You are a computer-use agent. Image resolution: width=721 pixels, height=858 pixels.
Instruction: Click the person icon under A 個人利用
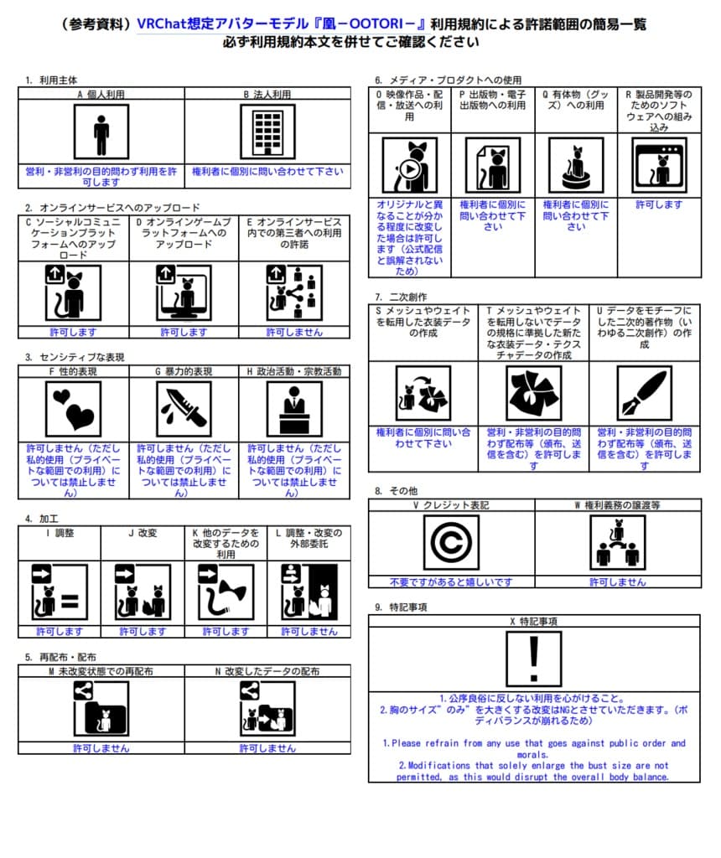[101, 132]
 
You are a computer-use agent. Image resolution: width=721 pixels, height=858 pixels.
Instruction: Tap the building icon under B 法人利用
[267, 132]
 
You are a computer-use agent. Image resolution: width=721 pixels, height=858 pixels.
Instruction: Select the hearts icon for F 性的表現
[73, 409]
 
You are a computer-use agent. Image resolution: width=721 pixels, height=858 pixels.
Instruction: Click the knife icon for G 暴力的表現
[184, 409]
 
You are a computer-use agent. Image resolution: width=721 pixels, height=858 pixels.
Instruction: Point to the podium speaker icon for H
[294, 409]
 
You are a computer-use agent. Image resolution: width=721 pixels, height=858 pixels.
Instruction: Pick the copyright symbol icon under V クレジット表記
[451, 543]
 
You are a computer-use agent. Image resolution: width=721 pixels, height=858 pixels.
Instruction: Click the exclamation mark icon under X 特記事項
[534, 659]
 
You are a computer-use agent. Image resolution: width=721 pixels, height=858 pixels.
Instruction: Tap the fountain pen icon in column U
[644, 392]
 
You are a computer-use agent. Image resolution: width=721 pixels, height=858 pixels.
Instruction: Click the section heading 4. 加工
[41, 519]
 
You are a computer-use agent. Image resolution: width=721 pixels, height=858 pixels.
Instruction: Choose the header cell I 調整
[59, 532]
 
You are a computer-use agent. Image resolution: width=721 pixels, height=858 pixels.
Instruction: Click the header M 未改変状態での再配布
[101, 671]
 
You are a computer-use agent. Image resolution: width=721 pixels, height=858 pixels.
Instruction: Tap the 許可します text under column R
[659, 204]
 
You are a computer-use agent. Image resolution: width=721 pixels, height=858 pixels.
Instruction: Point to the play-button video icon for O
[409, 166]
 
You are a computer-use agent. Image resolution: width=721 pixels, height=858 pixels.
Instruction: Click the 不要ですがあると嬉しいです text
[451, 581]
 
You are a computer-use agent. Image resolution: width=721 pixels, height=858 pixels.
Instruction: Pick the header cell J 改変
[143, 532]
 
